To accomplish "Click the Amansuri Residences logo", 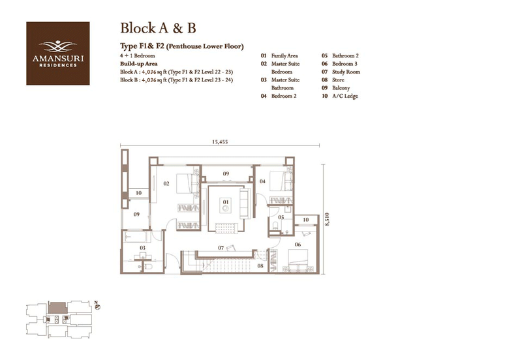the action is point(58,53).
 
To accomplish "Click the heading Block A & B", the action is point(158,28).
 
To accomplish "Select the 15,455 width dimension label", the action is point(220,142).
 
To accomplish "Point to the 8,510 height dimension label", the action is point(328,220).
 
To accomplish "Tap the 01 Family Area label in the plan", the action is point(226,202).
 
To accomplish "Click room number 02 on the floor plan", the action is point(166,183).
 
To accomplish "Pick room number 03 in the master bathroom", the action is point(142,248).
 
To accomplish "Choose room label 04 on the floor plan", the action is point(263,181).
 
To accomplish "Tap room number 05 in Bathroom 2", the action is point(281,217).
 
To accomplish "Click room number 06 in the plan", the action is point(298,245).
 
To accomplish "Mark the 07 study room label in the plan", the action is point(221,248).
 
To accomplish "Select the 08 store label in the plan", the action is point(260,266).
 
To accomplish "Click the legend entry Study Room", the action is point(346,72).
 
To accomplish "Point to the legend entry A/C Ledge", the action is point(345,96).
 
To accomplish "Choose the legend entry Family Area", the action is point(284,56).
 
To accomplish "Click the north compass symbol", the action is point(97,306).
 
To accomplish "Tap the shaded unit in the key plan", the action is point(58,307).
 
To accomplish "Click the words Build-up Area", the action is point(139,64).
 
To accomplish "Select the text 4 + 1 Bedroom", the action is point(138,55).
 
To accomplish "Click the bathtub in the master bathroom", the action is point(136,237).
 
